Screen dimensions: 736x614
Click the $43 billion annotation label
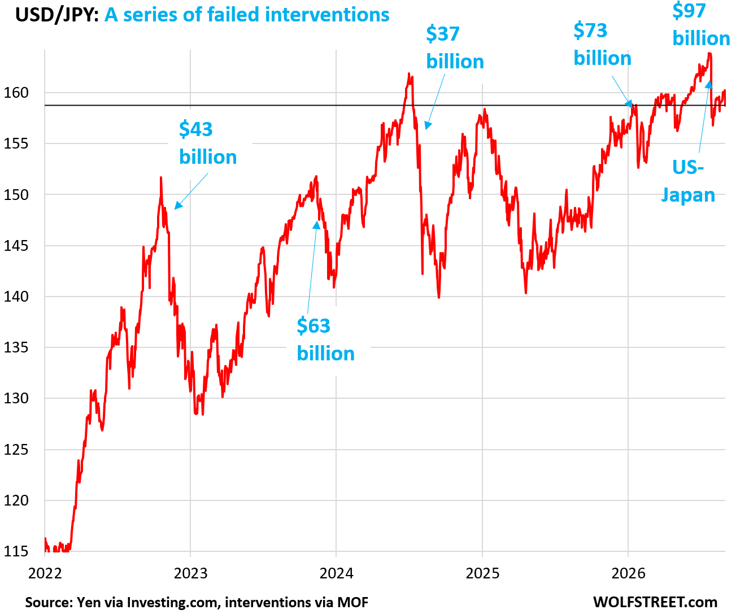click(208, 143)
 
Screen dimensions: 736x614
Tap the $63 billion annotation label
click(325, 339)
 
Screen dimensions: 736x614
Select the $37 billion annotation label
click(455, 47)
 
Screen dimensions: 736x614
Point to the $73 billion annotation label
click(602, 44)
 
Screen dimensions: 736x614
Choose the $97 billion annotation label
click(701, 24)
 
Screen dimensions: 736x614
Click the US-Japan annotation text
click(688, 181)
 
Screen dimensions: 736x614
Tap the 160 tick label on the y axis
click(16, 93)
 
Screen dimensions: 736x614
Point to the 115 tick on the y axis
click(16, 551)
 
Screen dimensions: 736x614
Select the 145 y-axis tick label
click(16, 246)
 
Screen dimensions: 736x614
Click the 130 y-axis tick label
click(16, 398)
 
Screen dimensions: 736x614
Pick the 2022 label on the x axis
click(45, 573)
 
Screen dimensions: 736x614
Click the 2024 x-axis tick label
click(336, 573)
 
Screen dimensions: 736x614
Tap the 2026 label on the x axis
click(628, 573)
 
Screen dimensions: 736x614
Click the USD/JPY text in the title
click(57, 15)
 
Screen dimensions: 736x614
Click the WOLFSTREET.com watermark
click(655, 602)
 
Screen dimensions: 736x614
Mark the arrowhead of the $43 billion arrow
click(178, 206)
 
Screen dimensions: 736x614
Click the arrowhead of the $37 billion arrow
click(428, 125)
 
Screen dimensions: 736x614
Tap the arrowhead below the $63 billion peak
click(316, 224)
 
